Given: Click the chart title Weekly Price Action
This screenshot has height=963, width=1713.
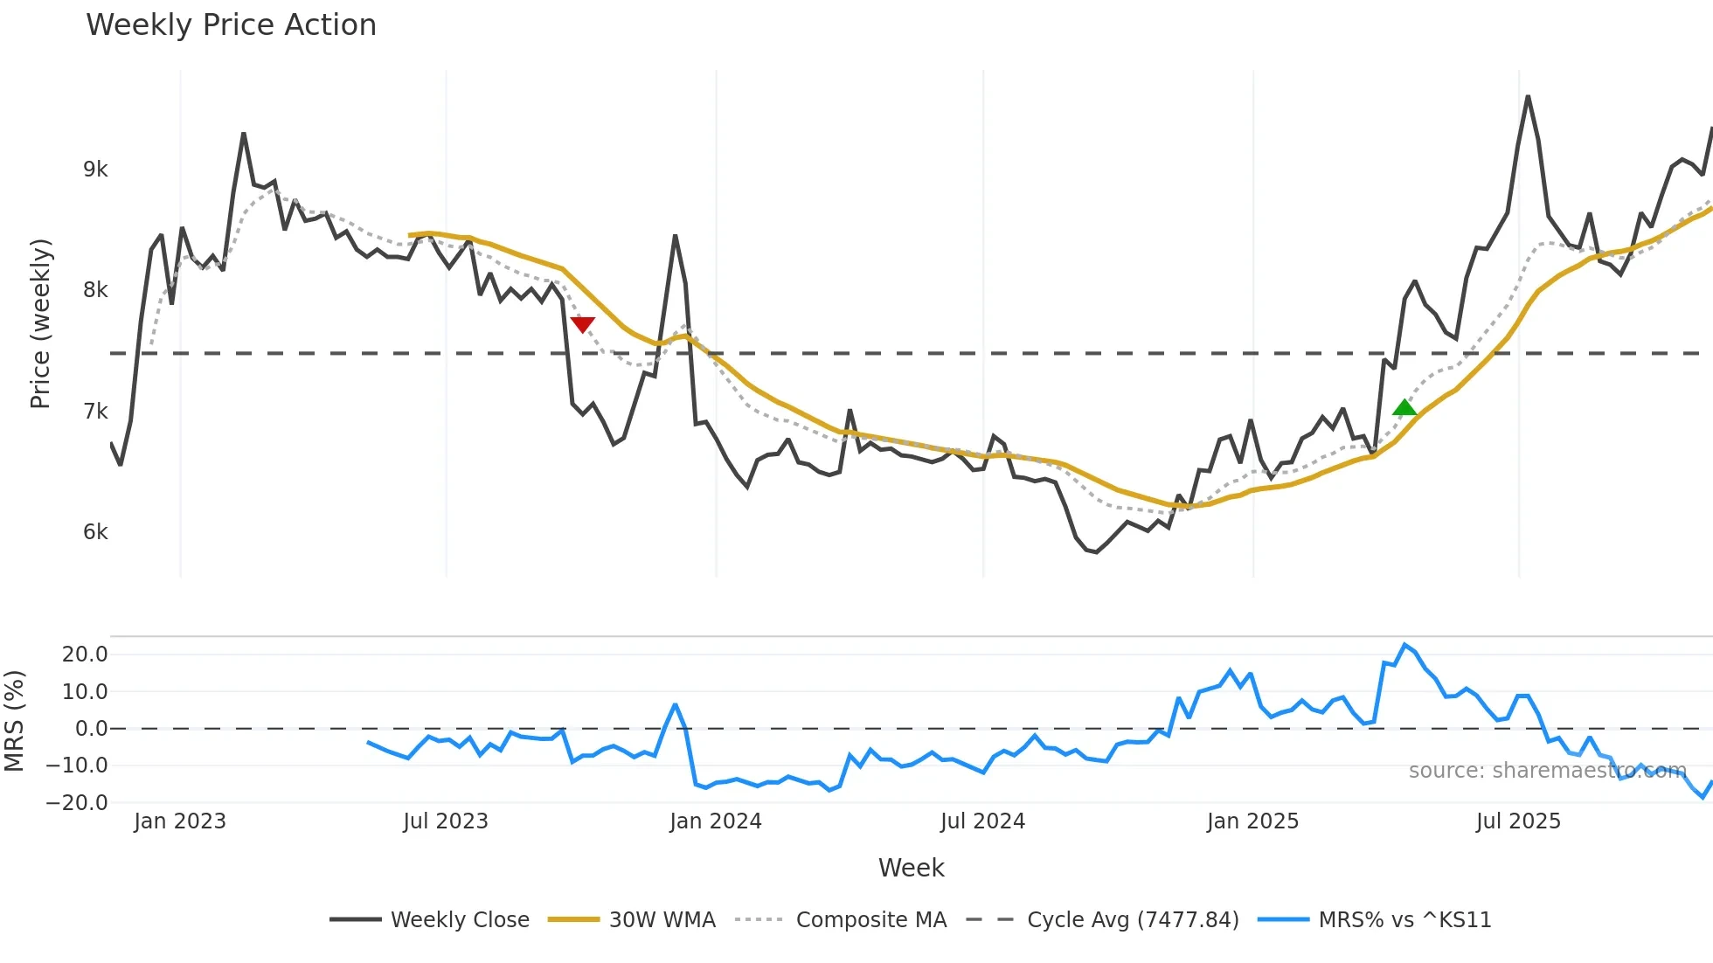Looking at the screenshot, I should pos(231,25).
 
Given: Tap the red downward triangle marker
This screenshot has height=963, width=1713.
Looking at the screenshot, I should pos(583,324).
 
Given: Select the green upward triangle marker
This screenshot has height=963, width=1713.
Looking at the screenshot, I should pos(1404,407).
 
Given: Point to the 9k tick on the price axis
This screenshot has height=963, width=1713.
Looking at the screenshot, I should pos(95,170).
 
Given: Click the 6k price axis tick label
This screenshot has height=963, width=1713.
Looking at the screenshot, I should pos(95,532).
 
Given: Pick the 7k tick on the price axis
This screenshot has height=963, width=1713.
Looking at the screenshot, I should pos(95,412).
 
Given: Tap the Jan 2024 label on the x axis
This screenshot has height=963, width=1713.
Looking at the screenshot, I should pos(715,821).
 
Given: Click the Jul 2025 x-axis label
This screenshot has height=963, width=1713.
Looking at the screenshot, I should pos(1518,821).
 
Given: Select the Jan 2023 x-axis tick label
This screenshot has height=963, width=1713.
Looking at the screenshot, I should pos(179,821).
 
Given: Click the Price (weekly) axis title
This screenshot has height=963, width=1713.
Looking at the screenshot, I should pos(40,323).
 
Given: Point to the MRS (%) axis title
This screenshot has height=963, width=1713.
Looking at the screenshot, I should pos(14,721).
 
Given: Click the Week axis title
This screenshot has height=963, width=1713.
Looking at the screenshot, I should pos(911,868).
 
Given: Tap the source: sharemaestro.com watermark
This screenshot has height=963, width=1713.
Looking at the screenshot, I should pos(1547,771).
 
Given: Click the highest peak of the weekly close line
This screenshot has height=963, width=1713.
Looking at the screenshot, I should pos(1528,96).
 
